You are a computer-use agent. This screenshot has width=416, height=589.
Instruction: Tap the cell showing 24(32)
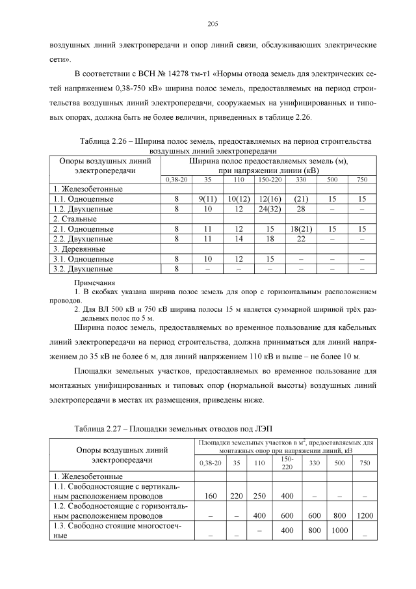(x=269, y=209)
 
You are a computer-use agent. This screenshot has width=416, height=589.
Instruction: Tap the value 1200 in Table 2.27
(x=365, y=515)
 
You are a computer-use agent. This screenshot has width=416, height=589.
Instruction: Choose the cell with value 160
(x=210, y=496)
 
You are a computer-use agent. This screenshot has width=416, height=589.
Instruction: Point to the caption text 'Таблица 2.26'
(x=106, y=141)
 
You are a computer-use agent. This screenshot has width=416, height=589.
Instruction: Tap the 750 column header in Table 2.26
(x=362, y=178)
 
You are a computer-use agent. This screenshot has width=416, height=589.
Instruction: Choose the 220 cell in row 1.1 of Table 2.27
(x=237, y=496)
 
